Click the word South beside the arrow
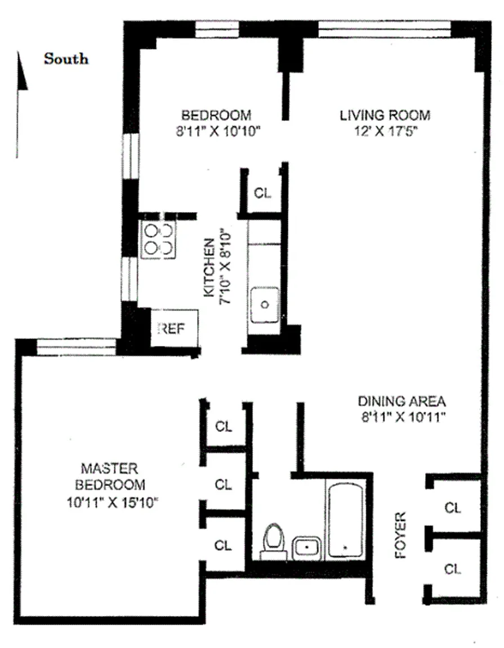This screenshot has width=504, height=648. tap(66, 58)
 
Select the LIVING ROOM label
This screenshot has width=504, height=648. tap(385, 115)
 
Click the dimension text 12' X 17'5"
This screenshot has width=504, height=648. tap(385, 132)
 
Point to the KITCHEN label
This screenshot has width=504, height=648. tap(209, 267)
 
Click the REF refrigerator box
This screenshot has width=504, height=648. tap(174, 328)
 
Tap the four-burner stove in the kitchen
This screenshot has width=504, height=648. tap(158, 240)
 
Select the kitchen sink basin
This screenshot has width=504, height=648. tap(265, 305)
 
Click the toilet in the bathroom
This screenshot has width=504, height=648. tap(274, 541)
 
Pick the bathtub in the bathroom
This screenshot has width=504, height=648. tap(346, 520)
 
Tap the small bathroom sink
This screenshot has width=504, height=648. tap(306, 547)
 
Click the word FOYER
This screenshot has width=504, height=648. tap(400, 535)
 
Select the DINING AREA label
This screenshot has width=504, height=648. tap(402, 401)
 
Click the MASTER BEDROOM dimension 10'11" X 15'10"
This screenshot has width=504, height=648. tap(113, 502)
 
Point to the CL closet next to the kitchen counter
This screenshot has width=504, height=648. tap(263, 192)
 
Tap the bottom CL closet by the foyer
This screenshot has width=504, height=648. tap(453, 569)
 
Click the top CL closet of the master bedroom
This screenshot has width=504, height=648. tap(224, 426)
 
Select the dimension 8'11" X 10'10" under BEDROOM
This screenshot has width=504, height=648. tap(218, 132)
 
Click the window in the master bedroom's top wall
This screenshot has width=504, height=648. tap(77, 346)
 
